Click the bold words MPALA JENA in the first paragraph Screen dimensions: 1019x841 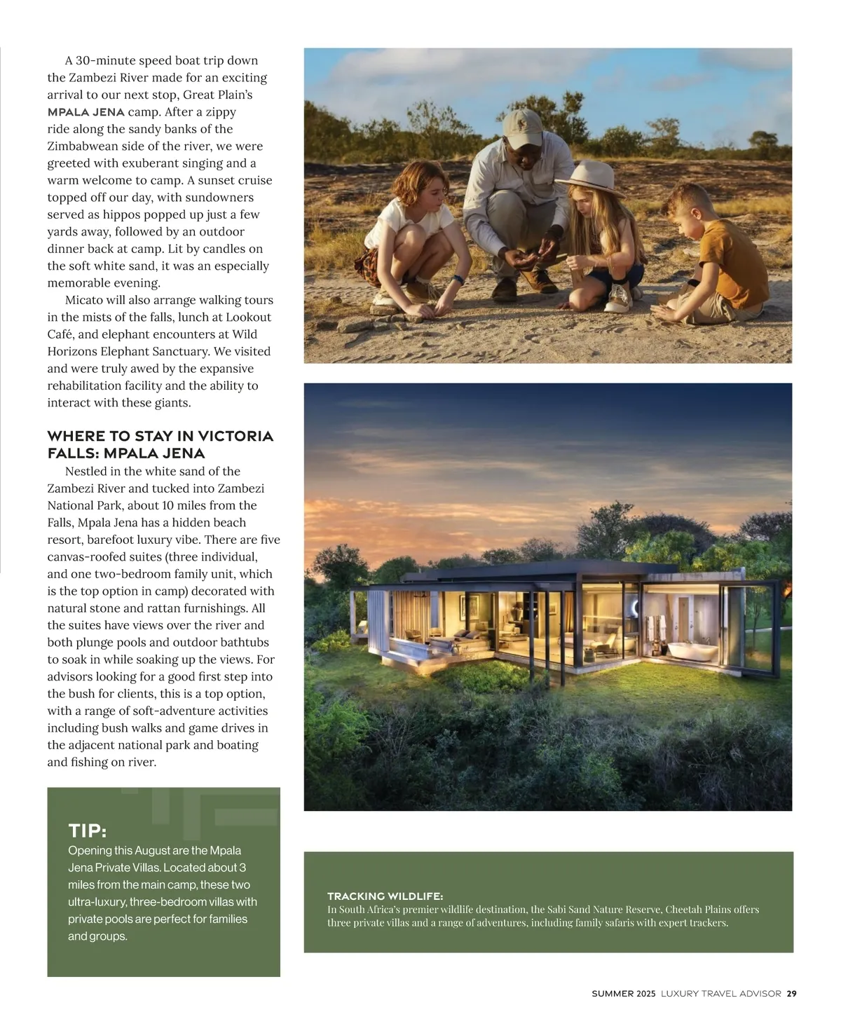coord(86,112)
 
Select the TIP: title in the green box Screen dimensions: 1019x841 coord(87,831)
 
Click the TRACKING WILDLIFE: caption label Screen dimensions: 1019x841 coord(385,896)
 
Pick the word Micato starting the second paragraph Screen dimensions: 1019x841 coord(84,300)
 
